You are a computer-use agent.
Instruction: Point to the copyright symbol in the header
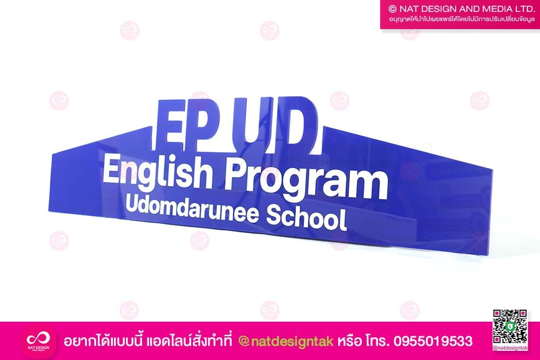tap(393, 9)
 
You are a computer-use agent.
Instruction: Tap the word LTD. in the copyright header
tap(524, 9)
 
